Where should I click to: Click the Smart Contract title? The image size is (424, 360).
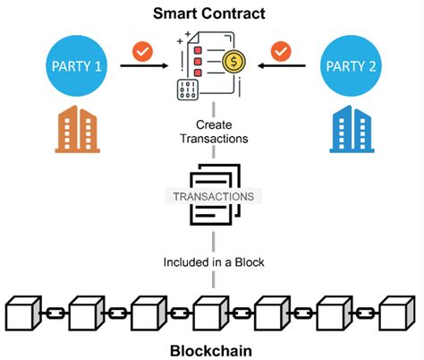tap(212, 14)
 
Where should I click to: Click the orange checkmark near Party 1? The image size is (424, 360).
tap(141, 51)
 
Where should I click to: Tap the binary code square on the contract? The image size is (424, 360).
tap(189, 90)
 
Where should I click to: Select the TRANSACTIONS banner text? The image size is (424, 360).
tap(212, 196)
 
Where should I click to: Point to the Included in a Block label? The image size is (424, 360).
tap(212, 262)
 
